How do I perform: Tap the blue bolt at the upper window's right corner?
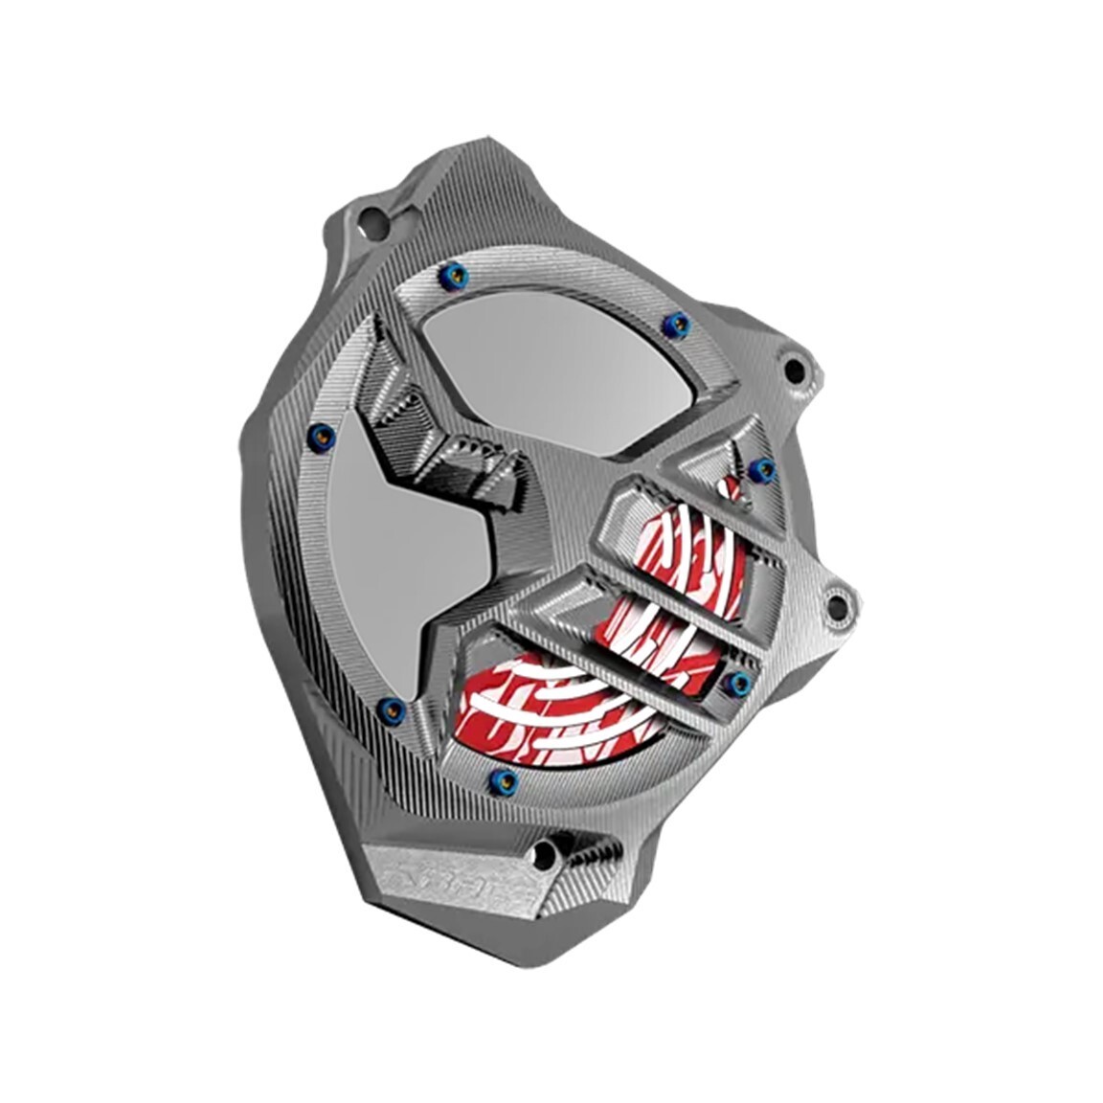[x=678, y=323]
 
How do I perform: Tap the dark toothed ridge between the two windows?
[x=431, y=421]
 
